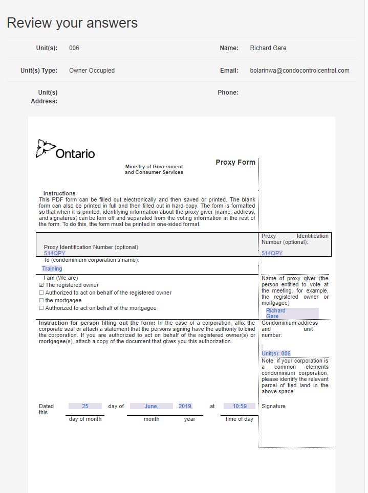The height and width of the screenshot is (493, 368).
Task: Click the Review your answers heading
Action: pos(72,23)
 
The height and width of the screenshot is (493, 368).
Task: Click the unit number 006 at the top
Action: pos(74,48)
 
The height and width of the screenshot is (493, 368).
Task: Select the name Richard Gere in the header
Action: pos(268,48)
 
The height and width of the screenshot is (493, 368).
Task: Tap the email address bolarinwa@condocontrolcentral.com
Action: pos(299,71)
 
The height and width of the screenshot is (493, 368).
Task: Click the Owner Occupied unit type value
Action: pos(92,71)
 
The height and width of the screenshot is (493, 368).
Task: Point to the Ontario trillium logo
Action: pos(46,148)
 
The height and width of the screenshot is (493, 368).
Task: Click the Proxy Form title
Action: pos(235,162)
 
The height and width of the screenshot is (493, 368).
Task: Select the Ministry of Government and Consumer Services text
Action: pos(154,169)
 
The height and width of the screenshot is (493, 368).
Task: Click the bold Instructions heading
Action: pos(59,194)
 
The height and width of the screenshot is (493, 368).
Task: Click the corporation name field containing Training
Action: pos(52,268)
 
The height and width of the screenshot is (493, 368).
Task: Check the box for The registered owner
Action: pos(41,285)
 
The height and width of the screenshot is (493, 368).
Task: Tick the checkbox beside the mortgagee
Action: pos(41,301)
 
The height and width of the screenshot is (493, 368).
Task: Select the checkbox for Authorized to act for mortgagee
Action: pos(41,308)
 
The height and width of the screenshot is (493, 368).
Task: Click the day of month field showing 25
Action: pos(85,407)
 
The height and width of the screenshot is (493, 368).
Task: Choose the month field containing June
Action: pos(151,407)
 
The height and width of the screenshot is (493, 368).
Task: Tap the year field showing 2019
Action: pos(185,407)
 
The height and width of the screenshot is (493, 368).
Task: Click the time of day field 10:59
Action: pos(240,407)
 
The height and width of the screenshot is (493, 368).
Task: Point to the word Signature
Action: pos(273,407)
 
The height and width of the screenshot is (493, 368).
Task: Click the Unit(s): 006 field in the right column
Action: pos(276,353)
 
